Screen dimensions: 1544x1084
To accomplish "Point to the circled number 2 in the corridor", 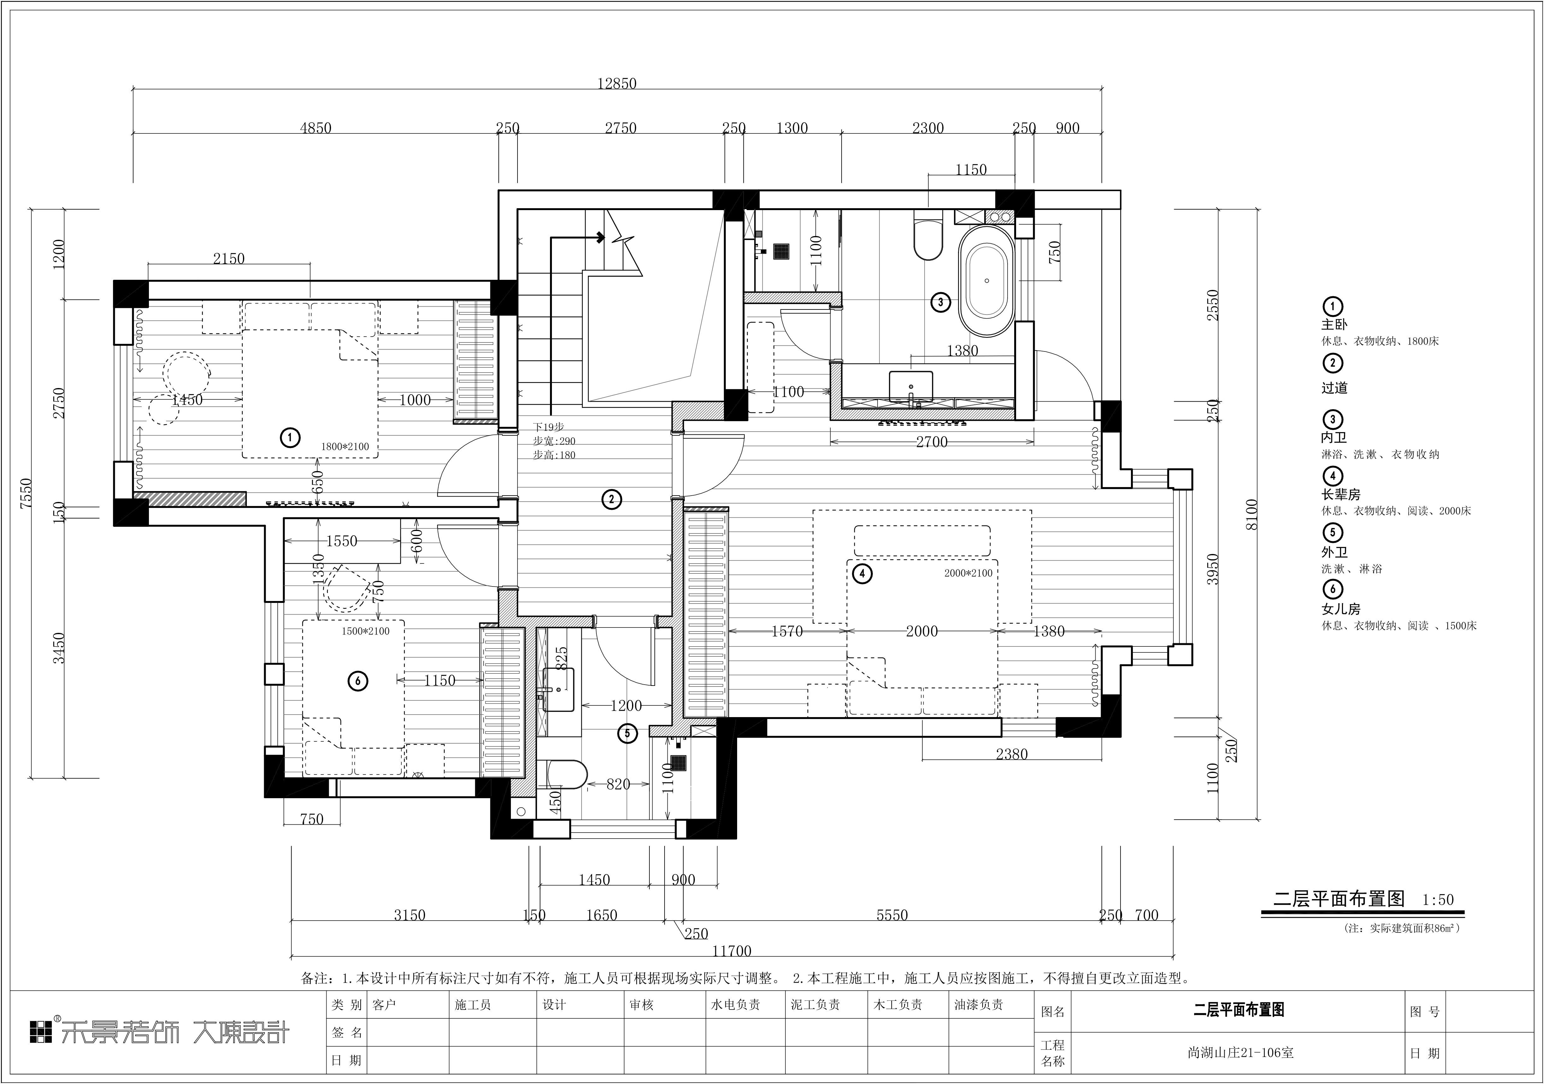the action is click(x=611, y=500).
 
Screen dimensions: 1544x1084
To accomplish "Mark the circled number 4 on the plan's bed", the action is click(x=861, y=574).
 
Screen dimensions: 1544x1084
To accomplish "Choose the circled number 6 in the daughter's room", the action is click(x=358, y=681).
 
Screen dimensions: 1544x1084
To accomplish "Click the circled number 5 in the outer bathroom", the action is click(x=627, y=733).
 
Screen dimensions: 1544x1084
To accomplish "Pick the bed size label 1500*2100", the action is click(x=366, y=631).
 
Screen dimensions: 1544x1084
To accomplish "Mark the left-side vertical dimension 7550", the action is click(x=26, y=494).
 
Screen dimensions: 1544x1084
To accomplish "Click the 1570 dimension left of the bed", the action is click(x=787, y=631).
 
